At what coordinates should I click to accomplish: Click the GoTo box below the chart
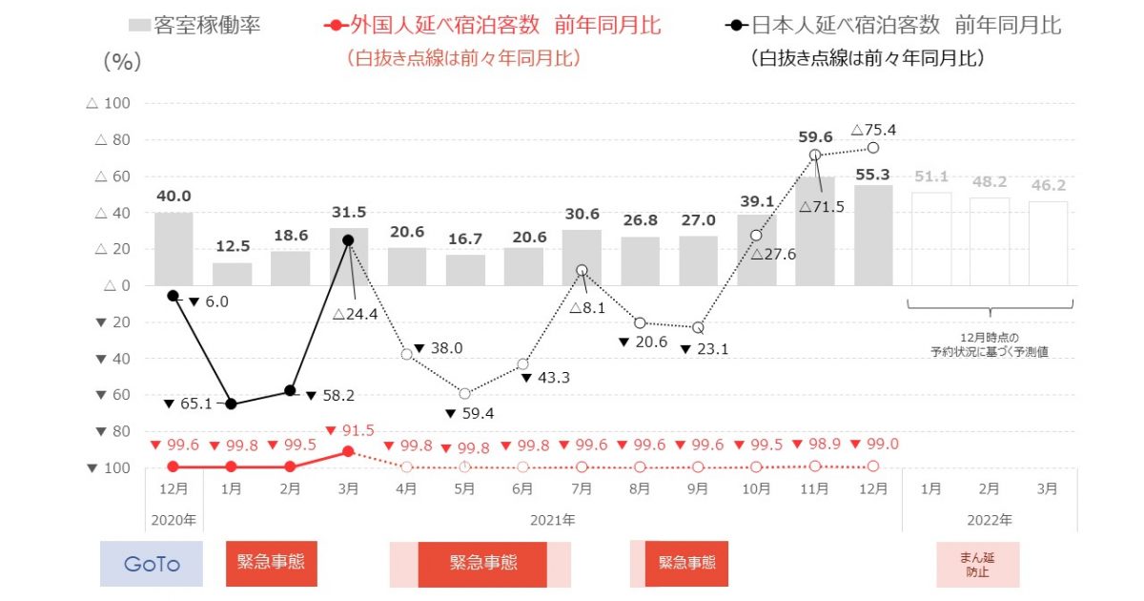[x=152, y=564]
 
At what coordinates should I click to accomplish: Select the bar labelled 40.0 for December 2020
[x=174, y=248]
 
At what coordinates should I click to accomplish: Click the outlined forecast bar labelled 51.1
[x=931, y=238]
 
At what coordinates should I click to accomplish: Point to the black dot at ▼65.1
[x=232, y=404]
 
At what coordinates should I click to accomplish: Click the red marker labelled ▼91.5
[x=349, y=450]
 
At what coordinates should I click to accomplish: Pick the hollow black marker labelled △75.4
[x=873, y=148]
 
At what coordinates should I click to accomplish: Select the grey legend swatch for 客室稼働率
[x=138, y=25]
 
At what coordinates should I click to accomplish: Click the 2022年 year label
[x=990, y=521]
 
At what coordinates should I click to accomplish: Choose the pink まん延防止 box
[x=977, y=564]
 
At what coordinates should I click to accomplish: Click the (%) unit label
[x=121, y=62]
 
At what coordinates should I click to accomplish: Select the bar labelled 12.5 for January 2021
[x=233, y=274]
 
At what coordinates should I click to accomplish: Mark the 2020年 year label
[x=174, y=521]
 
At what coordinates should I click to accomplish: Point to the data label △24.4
[x=357, y=312]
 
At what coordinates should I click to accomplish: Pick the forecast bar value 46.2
[x=1049, y=186]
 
